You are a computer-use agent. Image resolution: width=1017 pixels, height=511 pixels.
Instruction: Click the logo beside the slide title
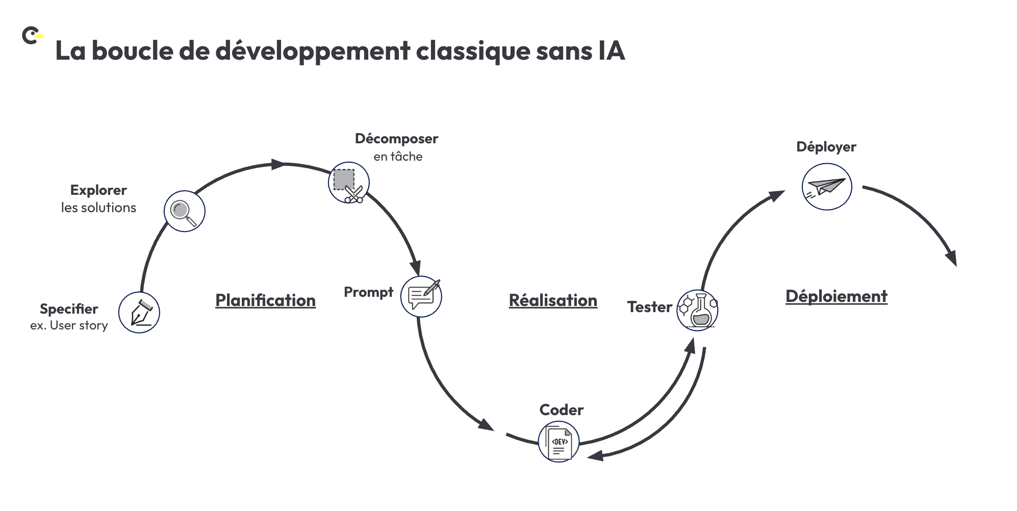coord(32,36)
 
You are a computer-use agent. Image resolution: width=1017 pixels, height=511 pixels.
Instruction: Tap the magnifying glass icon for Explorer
coord(184,211)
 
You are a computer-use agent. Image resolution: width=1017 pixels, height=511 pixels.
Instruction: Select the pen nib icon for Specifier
coord(139,313)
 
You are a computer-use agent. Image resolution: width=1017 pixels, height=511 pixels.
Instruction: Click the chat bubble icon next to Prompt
coord(421,297)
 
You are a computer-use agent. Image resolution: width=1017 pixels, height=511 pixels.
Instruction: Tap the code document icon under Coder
coord(558,442)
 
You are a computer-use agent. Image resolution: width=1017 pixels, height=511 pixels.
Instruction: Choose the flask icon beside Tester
coord(697,310)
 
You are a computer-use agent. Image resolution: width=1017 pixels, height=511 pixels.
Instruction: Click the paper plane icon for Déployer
coord(827,187)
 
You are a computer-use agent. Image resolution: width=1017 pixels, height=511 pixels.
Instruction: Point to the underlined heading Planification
coord(265,300)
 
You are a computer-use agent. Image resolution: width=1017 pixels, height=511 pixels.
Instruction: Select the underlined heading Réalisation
coord(553,300)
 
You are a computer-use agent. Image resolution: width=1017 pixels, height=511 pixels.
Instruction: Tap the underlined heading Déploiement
coord(836,296)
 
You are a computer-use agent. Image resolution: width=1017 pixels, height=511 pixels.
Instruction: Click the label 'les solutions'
coord(98,208)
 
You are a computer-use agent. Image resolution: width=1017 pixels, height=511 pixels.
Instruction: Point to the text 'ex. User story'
coord(69,325)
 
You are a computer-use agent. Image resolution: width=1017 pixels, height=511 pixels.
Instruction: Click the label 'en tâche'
coord(398,157)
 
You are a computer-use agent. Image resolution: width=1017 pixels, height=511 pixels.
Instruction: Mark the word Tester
coord(649,307)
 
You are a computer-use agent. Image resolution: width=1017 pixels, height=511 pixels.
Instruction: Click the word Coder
coord(561,410)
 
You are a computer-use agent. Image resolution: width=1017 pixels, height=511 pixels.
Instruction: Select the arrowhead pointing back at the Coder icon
coord(594,455)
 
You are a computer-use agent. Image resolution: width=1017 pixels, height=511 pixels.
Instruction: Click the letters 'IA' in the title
coord(611,51)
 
